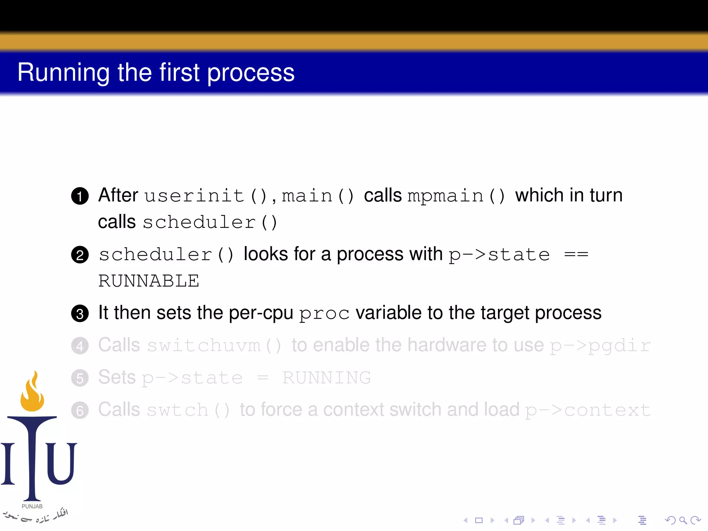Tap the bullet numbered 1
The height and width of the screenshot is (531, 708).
pos(80,196)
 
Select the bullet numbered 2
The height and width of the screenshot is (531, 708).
pos(80,255)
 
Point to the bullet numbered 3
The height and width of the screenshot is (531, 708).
pos(80,314)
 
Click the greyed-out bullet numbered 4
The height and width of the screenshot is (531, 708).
pos(80,346)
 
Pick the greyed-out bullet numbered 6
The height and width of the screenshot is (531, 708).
pos(80,411)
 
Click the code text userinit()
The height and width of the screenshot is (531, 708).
pos(206,196)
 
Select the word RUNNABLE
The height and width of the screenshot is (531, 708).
pos(149,281)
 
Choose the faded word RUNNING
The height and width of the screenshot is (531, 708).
pos(326,378)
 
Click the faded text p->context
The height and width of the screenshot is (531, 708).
pos(588,410)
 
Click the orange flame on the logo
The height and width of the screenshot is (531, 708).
pos(32,394)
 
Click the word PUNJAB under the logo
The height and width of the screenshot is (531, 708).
pos(32,506)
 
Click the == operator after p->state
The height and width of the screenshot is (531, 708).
pos(576,255)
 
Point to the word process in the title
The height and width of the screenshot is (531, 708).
pos(251,73)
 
